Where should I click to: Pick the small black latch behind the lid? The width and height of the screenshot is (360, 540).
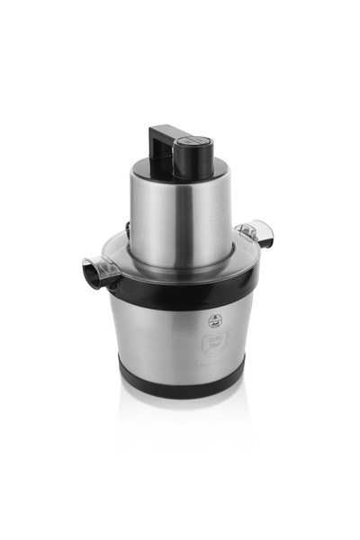click(x=129, y=229)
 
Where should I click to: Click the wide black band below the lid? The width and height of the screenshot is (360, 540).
click(x=180, y=290)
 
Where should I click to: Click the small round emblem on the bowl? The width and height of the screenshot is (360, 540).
click(x=214, y=319)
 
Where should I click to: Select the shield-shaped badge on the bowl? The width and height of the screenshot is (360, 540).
click(x=214, y=341)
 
